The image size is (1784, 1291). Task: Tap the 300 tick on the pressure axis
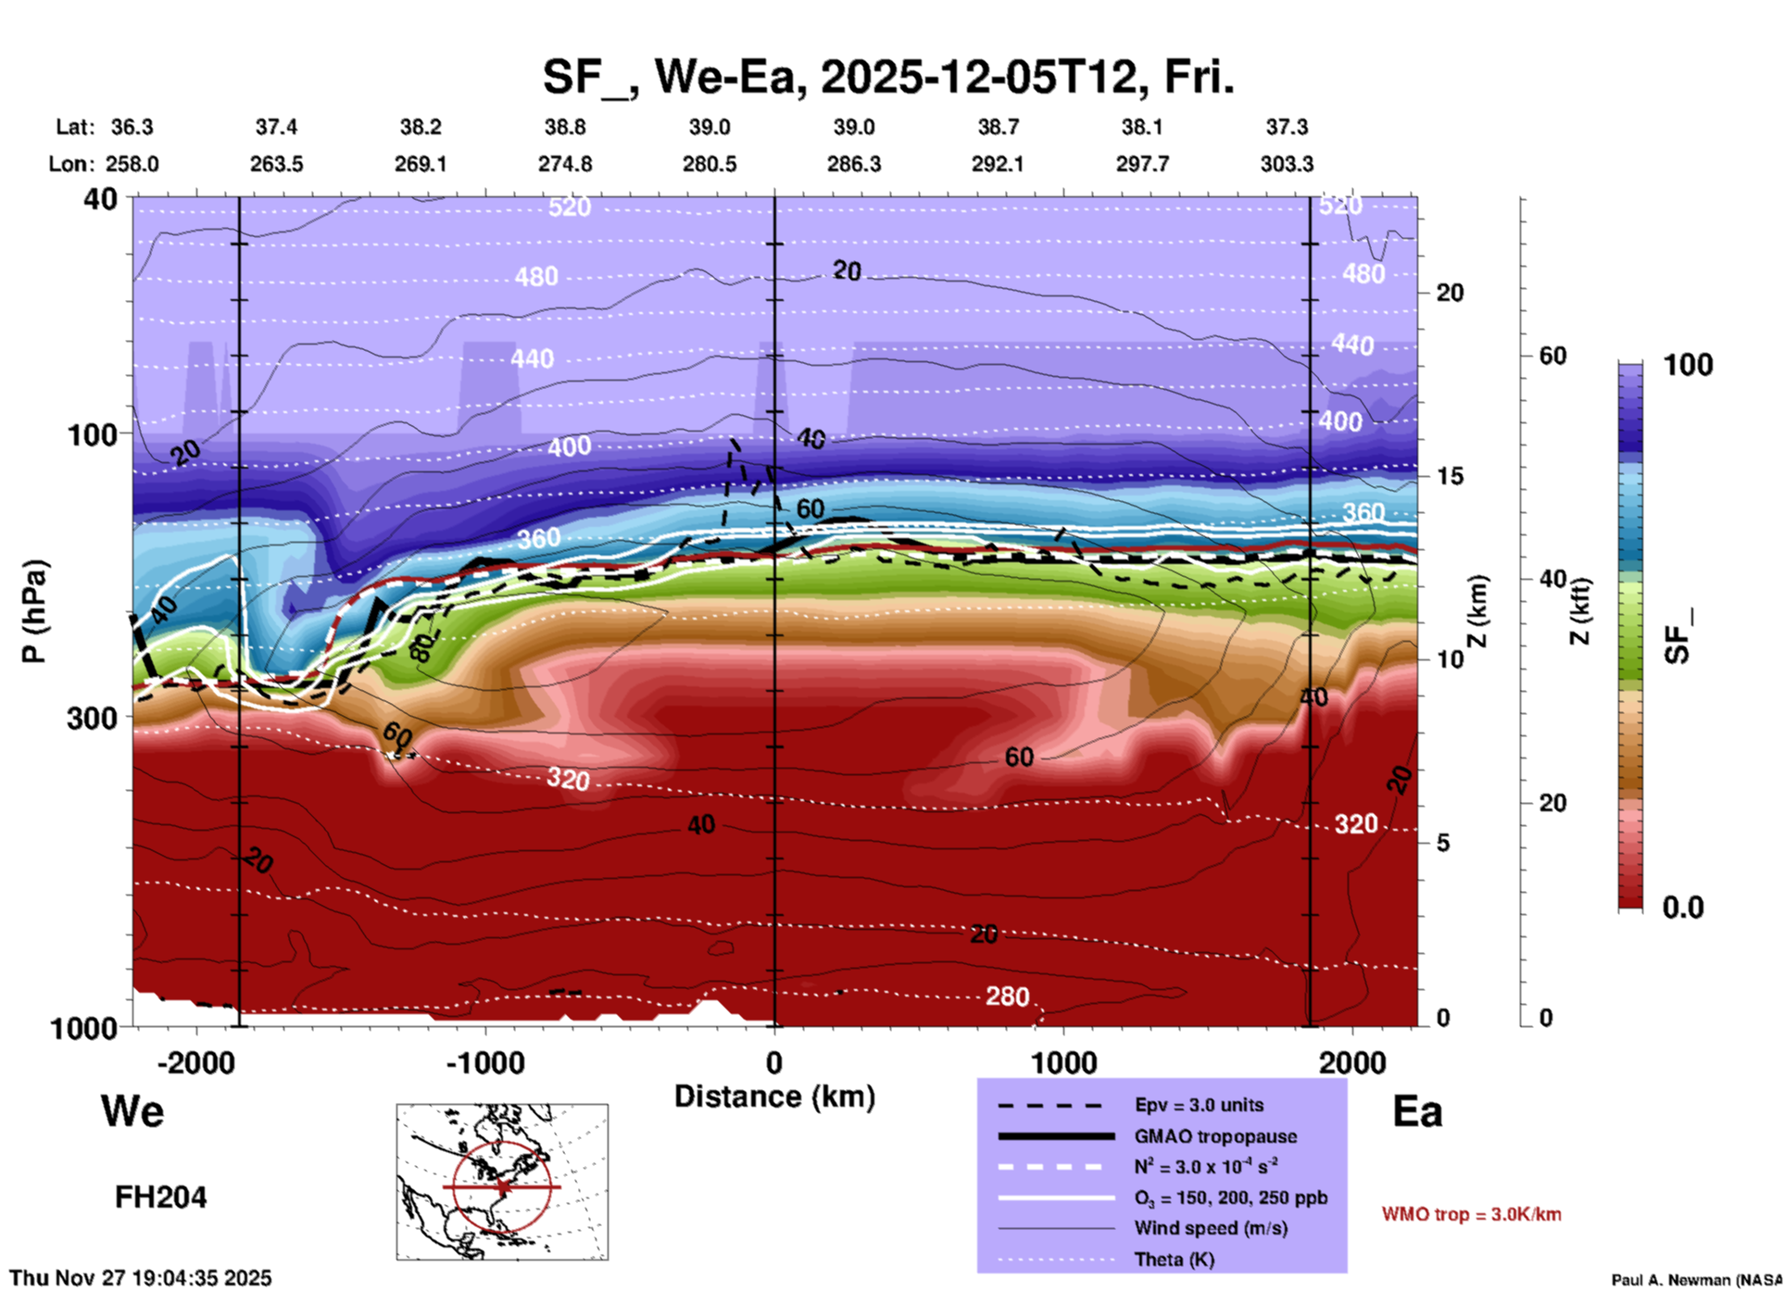point(92,718)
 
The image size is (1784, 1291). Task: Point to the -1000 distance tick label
point(484,1062)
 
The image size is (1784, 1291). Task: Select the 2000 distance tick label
point(1352,1062)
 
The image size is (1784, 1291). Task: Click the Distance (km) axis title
point(774,1097)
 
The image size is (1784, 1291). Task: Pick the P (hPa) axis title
point(34,611)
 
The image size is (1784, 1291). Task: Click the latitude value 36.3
point(132,127)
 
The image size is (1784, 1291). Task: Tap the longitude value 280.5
point(710,164)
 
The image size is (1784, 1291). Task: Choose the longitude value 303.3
point(1287,164)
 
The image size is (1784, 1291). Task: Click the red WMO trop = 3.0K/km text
point(1471,1214)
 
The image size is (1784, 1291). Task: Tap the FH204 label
point(160,1197)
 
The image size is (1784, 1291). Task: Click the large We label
point(132,1110)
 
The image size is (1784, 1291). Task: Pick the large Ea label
point(1417,1111)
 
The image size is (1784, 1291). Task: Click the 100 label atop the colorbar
point(1688,365)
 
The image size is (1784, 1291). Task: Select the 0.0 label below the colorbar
point(1683,907)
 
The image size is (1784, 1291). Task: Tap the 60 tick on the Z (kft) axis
point(1552,356)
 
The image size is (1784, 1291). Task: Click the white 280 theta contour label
point(1007,996)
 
